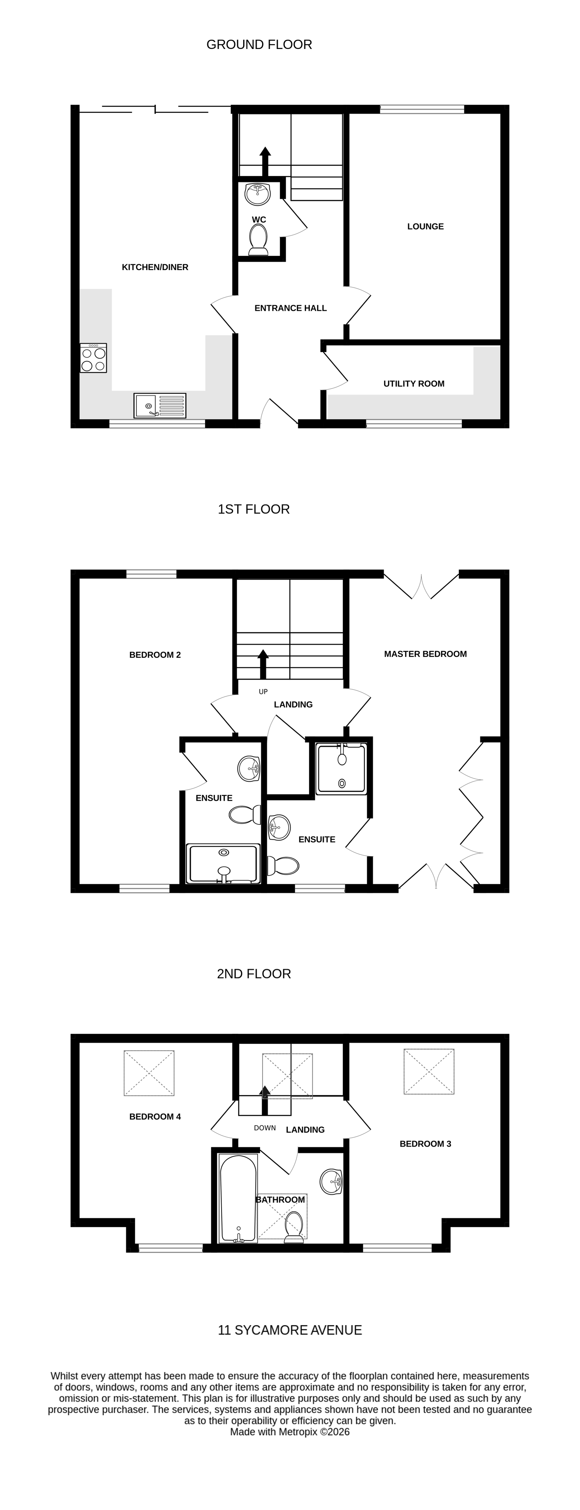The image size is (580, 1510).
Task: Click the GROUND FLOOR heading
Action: pos(259,45)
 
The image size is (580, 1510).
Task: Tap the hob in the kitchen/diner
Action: pos(93,358)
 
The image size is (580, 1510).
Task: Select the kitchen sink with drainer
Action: pos(160,405)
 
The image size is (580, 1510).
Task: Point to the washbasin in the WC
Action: pos(257,193)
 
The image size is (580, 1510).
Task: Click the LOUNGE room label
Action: pos(425,226)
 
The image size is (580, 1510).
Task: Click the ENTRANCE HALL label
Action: pos(290,308)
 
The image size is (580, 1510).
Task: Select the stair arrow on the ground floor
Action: pos(265,161)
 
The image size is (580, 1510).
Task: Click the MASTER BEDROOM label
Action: pos(425,653)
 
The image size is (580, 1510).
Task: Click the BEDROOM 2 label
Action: pos(155,655)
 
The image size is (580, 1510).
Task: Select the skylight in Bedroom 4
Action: pos(149,1073)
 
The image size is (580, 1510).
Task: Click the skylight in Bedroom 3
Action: pos(429,1071)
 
